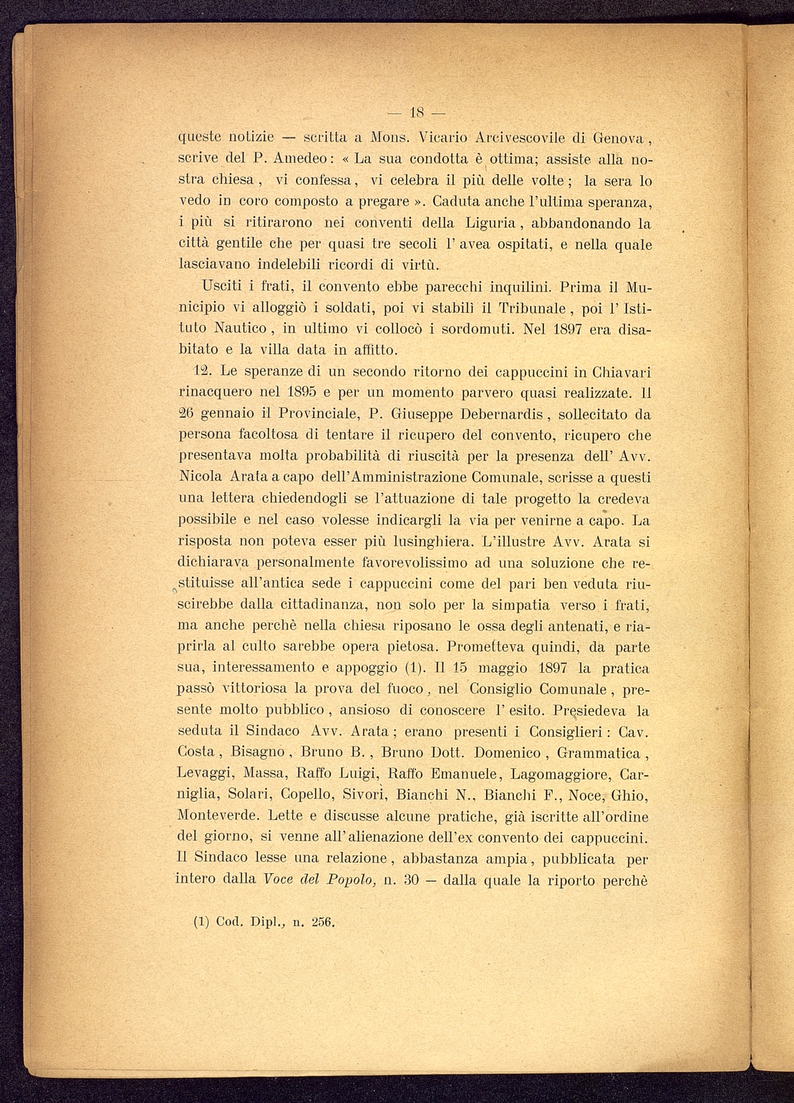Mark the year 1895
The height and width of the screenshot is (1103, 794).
pyautogui.click(x=294, y=392)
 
